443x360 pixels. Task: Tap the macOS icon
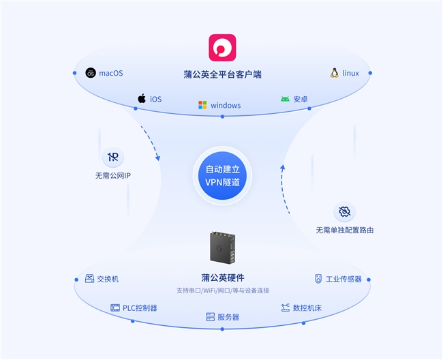91,73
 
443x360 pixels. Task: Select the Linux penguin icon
335,73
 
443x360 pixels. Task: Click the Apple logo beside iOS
142,99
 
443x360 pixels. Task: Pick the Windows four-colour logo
202,105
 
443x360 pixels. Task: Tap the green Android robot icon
285,99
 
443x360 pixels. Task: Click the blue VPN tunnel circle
223,175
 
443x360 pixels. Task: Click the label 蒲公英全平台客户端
222,74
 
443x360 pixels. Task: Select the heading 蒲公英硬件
223,277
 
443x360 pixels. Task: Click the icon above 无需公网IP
113,157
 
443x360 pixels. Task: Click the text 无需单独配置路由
344,230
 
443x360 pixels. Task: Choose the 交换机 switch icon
90,279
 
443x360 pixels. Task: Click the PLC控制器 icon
115,307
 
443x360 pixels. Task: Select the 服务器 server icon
211,317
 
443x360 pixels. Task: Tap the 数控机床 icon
286,307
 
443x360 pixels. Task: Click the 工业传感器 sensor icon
318,279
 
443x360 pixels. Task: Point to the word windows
226,106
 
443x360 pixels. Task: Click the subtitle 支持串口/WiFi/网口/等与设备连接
223,290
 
